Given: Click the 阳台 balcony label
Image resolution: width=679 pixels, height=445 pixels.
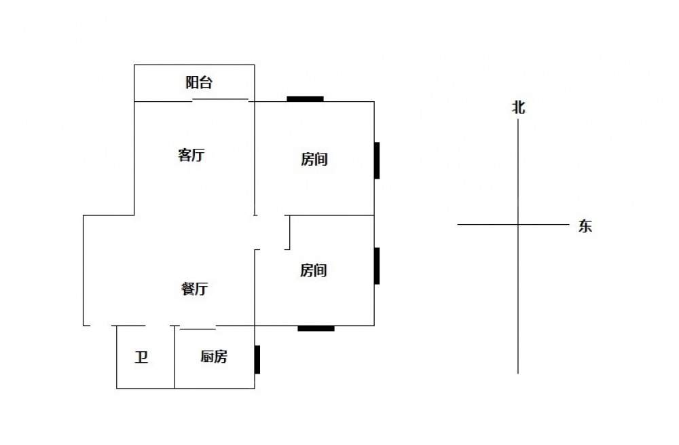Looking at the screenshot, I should tap(199, 83).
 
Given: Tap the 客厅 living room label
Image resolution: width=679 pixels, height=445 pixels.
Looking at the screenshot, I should tap(191, 156).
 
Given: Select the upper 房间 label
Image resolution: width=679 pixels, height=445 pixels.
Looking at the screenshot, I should tap(314, 160).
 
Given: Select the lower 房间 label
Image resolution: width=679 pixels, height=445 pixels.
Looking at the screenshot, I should tap(314, 271).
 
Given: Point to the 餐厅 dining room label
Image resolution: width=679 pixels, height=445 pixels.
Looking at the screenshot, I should tap(194, 289).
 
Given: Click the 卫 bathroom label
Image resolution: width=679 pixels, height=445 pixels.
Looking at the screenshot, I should tap(141, 357).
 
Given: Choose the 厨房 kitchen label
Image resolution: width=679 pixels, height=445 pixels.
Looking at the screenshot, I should tap(214, 357).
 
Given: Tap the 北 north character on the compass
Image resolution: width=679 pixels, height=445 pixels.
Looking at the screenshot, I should tap(519, 107).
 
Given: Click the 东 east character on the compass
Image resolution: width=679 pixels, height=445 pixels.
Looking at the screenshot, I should tap(585, 227).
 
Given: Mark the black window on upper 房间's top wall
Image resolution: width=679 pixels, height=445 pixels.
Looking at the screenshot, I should tap(305, 99).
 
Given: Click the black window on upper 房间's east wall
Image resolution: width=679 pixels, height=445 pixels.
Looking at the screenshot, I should tap(377, 160).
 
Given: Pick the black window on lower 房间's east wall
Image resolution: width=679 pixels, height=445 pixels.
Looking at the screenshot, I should tap(377, 266).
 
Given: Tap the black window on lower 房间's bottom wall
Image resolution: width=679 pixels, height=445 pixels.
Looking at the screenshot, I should tap(316, 329).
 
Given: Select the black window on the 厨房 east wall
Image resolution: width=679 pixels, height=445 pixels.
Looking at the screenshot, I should tap(257, 359).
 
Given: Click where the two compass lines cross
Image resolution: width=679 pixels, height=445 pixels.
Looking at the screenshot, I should tap(518, 224).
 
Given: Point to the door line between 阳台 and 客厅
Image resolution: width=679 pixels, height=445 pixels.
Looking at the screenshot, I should tap(221, 99).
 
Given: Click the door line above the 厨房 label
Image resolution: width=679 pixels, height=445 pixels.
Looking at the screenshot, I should tap(198, 329).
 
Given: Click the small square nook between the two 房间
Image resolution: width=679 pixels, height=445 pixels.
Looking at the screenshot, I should tap(273, 232).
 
